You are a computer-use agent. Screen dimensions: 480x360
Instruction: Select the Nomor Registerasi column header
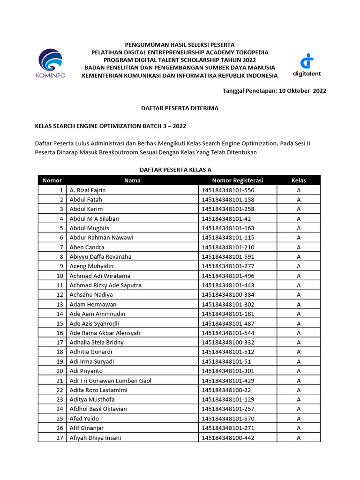(x=238, y=180)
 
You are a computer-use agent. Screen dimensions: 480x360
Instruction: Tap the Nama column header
(x=132, y=180)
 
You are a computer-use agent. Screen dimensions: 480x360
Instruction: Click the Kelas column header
(x=299, y=180)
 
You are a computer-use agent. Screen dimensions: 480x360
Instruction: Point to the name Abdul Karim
(x=86, y=209)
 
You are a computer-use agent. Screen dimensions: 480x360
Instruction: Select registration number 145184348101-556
(x=228, y=190)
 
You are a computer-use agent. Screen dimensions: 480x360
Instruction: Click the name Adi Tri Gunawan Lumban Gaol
(x=110, y=381)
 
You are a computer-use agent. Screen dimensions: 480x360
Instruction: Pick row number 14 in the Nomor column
(x=60, y=314)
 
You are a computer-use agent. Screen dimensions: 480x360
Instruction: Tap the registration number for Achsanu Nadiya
(x=228, y=295)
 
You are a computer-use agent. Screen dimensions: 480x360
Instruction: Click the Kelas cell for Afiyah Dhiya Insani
(x=299, y=438)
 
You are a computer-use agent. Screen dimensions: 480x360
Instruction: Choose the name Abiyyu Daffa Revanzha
(x=100, y=257)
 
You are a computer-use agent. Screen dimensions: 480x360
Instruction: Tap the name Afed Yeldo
(x=85, y=419)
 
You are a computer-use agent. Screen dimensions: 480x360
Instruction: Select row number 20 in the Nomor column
(x=60, y=371)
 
